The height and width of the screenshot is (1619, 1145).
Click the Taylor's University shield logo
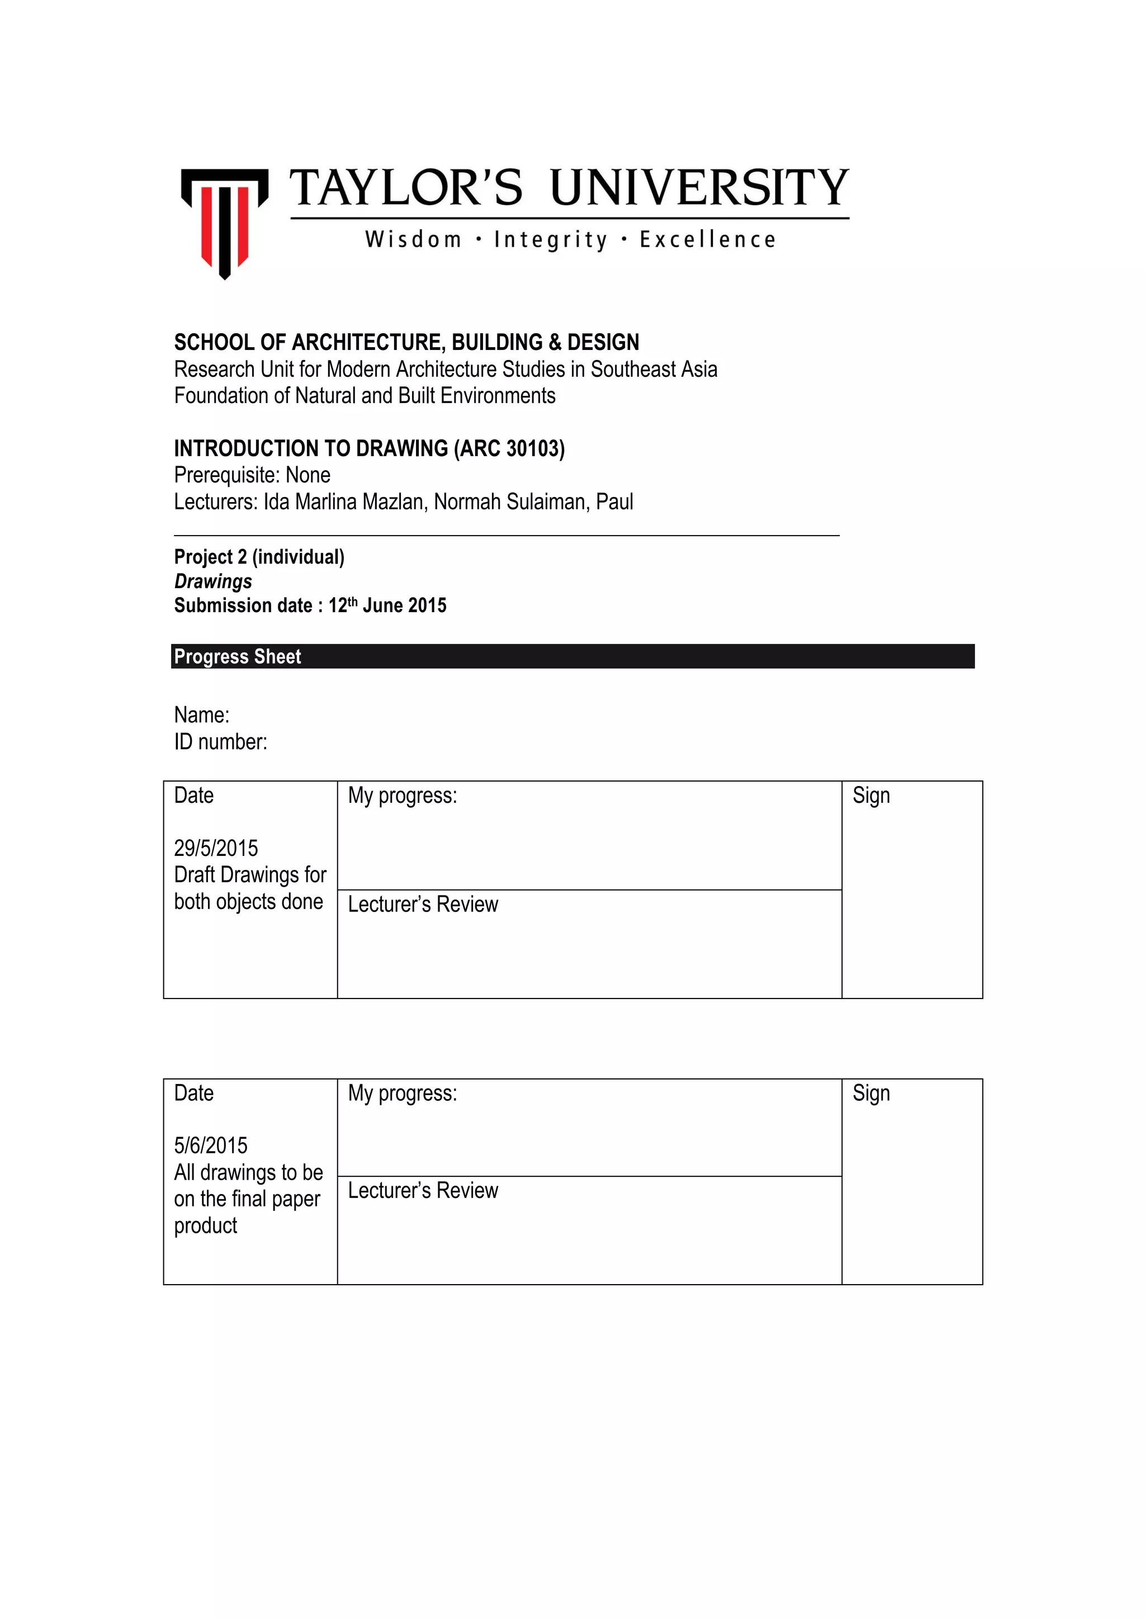tap(224, 222)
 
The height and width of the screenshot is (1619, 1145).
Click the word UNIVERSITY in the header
tap(699, 188)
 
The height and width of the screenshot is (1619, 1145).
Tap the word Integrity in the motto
tap(550, 240)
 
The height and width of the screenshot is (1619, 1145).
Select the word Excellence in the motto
tap(707, 240)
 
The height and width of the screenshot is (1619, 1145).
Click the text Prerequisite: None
tap(252, 475)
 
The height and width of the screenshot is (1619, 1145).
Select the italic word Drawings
tap(213, 582)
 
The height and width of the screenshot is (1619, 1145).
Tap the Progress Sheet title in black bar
tap(238, 656)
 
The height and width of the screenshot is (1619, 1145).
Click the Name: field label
tap(202, 715)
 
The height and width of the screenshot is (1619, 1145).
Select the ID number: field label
tap(221, 742)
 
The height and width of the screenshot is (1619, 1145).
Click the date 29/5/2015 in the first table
tap(216, 848)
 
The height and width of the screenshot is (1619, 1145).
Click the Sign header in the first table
tap(870, 796)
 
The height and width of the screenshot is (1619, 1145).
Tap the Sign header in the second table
tap(870, 1093)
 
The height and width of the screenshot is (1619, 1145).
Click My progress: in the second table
tap(402, 1093)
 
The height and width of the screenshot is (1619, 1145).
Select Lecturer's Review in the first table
tap(423, 905)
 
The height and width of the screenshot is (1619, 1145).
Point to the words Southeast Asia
tap(654, 370)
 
